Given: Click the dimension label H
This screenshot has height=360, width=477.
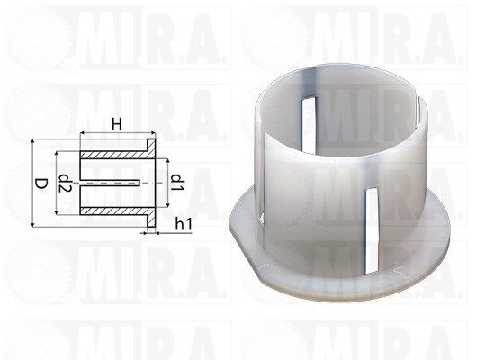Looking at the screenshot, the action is click(116, 124).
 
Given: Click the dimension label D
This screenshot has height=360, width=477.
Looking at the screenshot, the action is click(40, 184).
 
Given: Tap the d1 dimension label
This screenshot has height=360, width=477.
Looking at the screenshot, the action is click(177, 183).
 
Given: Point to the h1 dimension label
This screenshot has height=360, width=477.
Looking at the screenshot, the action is click(184, 225).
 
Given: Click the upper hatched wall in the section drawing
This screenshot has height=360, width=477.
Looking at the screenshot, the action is click(114, 155).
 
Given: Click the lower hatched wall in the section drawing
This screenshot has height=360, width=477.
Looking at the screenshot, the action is click(114, 211).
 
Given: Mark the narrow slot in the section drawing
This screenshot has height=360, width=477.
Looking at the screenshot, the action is click(110, 183).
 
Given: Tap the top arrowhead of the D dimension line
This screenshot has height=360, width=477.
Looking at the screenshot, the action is click(32, 142).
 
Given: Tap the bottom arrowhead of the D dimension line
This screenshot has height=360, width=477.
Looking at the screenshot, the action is click(32, 224).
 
